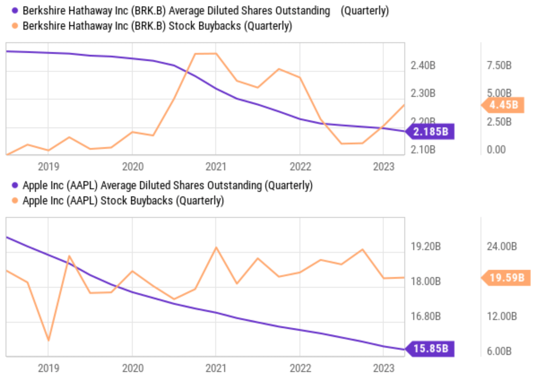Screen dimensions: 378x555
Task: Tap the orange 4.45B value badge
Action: point(503,105)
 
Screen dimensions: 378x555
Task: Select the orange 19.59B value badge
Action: point(507,278)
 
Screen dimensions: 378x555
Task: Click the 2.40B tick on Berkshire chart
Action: point(423,65)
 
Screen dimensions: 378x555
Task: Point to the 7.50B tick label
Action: point(499,65)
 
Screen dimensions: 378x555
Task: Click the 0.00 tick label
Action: point(496,149)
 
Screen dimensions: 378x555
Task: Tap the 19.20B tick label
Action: point(426,246)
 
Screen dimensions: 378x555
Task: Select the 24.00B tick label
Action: point(502,246)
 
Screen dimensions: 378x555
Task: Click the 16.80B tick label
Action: point(426,316)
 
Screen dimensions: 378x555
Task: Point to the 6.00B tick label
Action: point(499,351)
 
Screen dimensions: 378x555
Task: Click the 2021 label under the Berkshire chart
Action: point(216,167)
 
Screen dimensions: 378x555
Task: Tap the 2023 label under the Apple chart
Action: point(383,368)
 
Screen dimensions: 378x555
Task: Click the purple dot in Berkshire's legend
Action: point(15,11)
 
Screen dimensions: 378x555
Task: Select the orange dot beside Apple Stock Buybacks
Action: point(15,200)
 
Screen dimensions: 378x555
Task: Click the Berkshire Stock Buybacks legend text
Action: point(157,26)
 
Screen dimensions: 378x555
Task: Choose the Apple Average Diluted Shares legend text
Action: point(168,185)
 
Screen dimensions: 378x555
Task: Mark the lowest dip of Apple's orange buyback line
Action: point(48,340)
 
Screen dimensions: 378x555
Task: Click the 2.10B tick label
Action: point(423,149)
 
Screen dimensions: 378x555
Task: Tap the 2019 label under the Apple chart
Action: point(48,368)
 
